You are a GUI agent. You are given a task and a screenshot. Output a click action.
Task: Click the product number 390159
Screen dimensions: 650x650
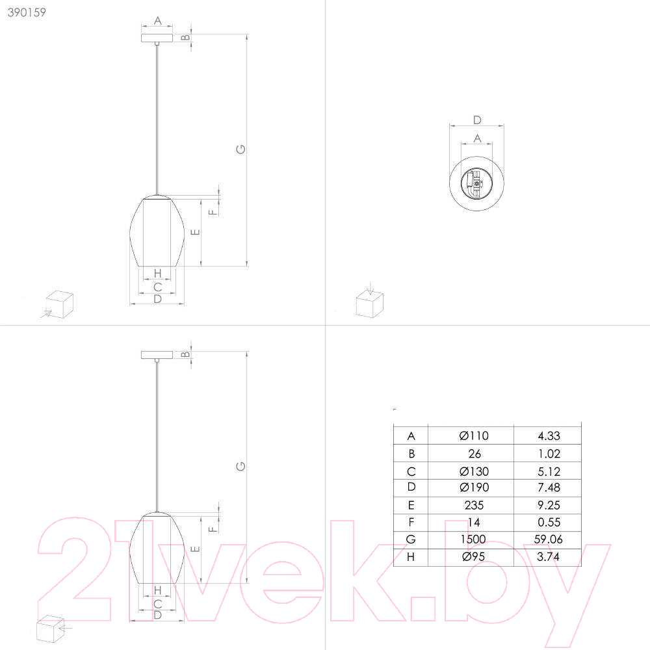pyautogui.click(x=27, y=12)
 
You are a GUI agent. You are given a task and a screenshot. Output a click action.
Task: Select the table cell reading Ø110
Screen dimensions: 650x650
pyautogui.click(x=474, y=435)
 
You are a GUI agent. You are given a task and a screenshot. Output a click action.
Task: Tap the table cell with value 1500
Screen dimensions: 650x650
pyautogui.click(x=473, y=539)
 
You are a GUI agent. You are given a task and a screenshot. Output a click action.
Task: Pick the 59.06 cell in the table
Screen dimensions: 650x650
pyautogui.click(x=548, y=539)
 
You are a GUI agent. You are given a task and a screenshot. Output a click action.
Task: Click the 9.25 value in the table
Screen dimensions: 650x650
pyautogui.click(x=549, y=505)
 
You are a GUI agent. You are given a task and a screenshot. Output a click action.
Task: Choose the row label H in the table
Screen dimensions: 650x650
pyautogui.click(x=411, y=557)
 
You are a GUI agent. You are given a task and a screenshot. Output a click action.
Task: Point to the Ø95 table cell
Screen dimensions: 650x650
pyautogui.click(x=473, y=556)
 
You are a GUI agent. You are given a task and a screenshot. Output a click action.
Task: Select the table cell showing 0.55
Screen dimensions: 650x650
pyautogui.click(x=549, y=522)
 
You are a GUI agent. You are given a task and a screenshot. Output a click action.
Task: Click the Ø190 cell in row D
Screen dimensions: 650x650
pyautogui.click(x=474, y=487)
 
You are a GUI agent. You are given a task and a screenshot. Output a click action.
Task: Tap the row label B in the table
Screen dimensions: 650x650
pyautogui.click(x=411, y=454)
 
